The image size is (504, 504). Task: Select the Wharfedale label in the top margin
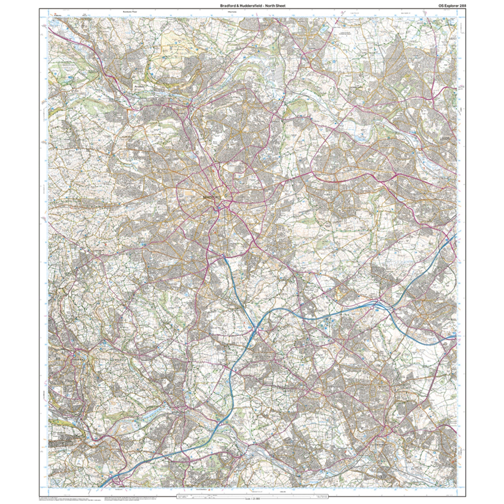click(232, 12)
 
